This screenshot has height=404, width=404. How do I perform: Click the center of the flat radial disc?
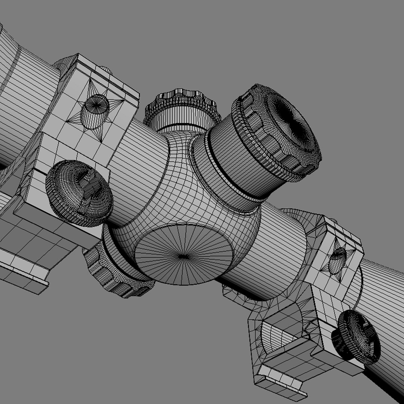tap(183, 256)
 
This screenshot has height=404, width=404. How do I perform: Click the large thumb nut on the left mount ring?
tap(79, 193)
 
